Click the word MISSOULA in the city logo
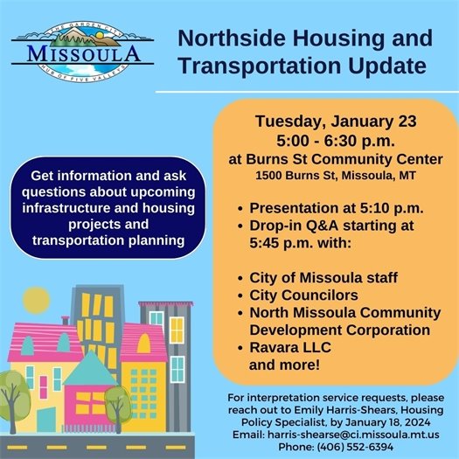[84, 52]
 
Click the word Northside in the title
[226, 39]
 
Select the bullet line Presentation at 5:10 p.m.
[337, 208]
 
